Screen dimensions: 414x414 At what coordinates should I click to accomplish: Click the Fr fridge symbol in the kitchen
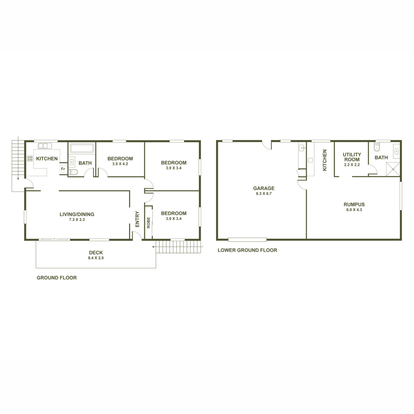[63, 169]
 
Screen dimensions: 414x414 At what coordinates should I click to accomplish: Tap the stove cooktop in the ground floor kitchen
[30, 159]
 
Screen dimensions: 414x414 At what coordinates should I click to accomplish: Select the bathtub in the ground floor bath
[82, 148]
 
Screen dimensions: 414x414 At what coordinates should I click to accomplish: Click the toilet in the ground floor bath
[73, 172]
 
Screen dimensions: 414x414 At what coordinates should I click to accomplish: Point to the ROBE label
[148, 223]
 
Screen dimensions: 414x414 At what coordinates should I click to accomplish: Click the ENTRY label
[137, 219]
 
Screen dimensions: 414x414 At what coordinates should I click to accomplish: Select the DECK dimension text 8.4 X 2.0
[96, 258]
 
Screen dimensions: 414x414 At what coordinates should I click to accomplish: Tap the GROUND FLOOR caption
[57, 278]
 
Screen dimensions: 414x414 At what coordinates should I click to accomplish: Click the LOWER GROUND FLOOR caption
[247, 250]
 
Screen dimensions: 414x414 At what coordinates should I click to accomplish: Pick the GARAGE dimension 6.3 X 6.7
[264, 193]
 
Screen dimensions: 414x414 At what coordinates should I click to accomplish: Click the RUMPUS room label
[354, 204]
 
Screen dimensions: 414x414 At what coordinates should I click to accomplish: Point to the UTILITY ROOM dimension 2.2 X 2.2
[352, 165]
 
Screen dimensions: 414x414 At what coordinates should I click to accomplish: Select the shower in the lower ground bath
[393, 169]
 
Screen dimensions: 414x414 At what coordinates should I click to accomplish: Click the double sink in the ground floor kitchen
[45, 146]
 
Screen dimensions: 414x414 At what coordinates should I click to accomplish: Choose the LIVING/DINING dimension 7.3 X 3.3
[77, 219]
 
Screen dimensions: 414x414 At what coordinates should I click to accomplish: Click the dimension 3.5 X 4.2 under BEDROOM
[120, 164]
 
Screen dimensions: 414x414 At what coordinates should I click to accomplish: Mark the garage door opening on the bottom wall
[247, 239]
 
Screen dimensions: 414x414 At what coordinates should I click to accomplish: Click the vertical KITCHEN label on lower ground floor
[324, 160]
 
